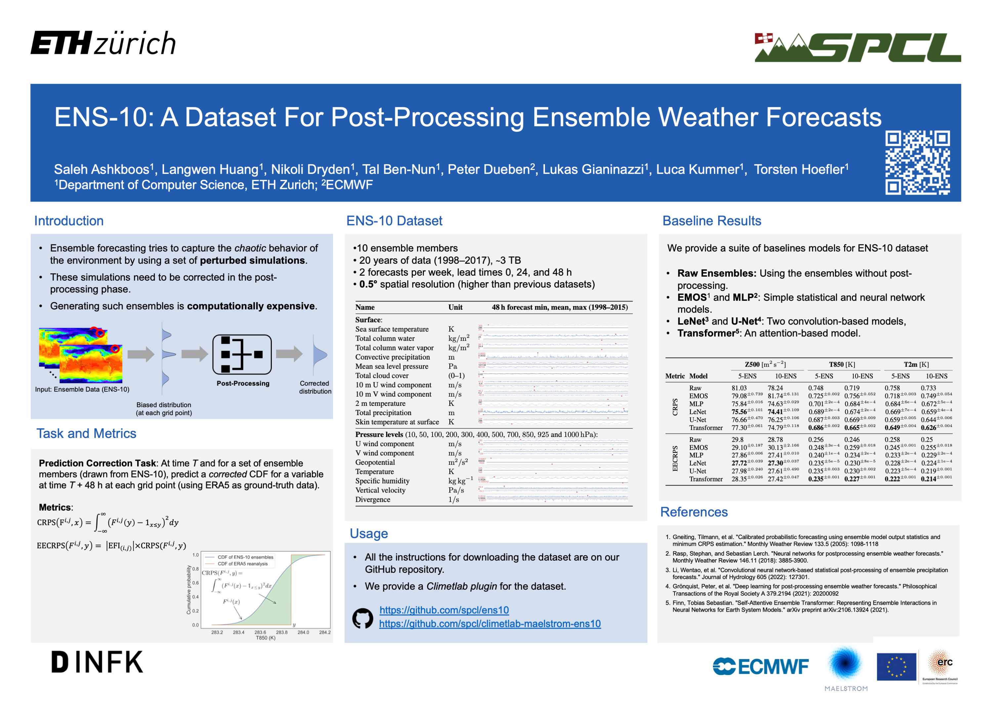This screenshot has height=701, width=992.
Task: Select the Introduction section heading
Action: tap(69, 221)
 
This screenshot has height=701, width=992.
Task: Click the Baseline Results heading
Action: tap(711, 221)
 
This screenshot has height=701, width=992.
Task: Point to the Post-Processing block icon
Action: tap(242, 354)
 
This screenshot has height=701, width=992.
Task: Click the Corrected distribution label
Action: tap(315, 387)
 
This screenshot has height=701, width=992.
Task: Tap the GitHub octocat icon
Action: tap(362, 618)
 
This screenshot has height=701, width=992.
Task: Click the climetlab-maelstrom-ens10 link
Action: tap(489, 624)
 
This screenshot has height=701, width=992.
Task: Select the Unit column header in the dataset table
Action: tap(455, 307)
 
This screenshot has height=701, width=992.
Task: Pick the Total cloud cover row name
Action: tap(382, 375)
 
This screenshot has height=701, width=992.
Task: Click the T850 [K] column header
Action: tap(842, 364)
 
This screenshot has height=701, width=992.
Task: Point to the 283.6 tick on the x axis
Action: tap(260, 632)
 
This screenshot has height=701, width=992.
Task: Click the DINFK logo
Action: tap(97, 662)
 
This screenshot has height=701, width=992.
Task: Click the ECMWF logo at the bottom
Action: tap(761, 666)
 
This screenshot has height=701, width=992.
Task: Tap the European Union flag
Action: tap(896, 666)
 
